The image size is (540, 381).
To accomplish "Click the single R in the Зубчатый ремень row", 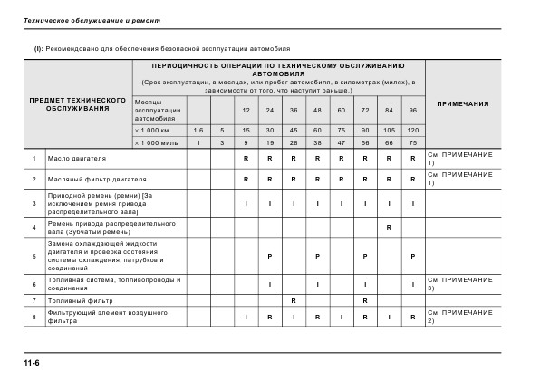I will pos(388,226).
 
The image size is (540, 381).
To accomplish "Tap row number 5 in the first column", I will pos(33,257).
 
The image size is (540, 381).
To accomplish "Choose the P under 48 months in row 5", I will pos(317,257).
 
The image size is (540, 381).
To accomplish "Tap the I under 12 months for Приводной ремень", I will pos(246,202).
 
